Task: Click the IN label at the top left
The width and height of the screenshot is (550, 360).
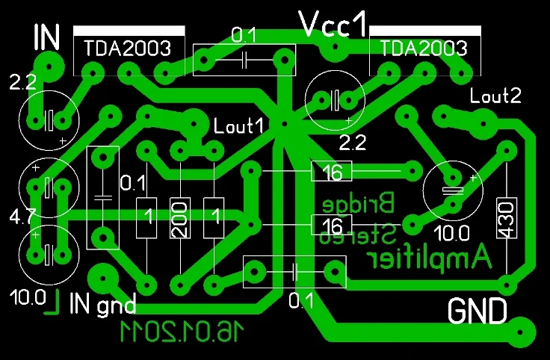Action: (x=47, y=37)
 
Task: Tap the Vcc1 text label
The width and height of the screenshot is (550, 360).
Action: (x=333, y=24)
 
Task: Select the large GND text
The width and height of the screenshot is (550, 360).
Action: (x=478, y=311)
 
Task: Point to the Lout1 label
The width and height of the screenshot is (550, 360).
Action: (x=238, y=125)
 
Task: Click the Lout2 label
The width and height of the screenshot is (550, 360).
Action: (x=495, y=96)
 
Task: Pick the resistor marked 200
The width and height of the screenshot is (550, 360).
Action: (x=180, y=217)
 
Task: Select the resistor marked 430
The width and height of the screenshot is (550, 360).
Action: (x=507, y=217)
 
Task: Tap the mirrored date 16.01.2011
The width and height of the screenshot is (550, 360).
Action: (x=182, y=331)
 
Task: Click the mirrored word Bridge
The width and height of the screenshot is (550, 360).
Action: (x=359, y=204)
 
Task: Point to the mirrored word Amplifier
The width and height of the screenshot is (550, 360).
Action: (x=429, y=258)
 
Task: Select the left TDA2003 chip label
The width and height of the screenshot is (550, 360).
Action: (x=127, y=48)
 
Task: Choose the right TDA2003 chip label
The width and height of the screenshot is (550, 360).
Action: (x=424, y=48)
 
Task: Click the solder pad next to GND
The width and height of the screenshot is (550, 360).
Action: (x=520, y=332)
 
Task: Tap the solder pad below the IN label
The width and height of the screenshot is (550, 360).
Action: (x=49, y=66)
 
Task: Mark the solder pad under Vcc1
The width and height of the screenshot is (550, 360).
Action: (x=335, y=46)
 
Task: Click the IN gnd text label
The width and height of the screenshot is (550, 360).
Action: (x=102, y=304)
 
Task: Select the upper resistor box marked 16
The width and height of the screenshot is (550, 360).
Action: (x=332, y=171)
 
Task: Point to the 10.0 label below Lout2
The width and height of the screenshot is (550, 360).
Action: (x=451, y=233)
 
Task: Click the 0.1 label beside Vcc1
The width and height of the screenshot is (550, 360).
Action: (x=244, y=35)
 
